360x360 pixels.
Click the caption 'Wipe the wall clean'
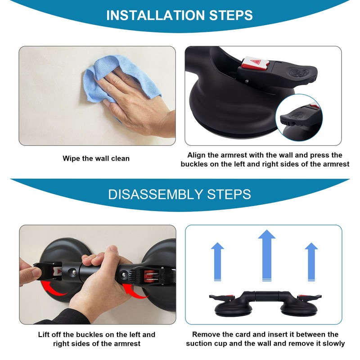click(96, 158)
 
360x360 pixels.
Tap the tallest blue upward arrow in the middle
click(266, 255)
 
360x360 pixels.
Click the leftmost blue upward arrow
click(217, 262)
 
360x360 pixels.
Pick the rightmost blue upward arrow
click(311, 262)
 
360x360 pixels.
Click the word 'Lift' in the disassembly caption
click(43, 334)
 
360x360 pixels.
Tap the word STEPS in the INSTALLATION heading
click(231, 15)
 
